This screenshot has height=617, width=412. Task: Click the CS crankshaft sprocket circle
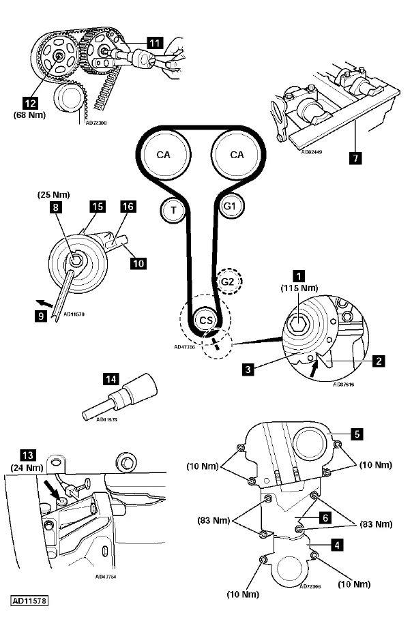[x=205, y=319]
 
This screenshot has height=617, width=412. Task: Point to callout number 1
[x=297, y=276]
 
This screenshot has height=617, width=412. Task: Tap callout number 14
[x=109, y=377]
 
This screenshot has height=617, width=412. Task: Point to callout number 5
[x=355, y=432]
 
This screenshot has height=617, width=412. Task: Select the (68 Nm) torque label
[x=29, y=115]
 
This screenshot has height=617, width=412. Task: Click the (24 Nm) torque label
[x=29, y=468]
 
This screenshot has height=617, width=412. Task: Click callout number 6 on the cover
[x=325, y=517]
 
